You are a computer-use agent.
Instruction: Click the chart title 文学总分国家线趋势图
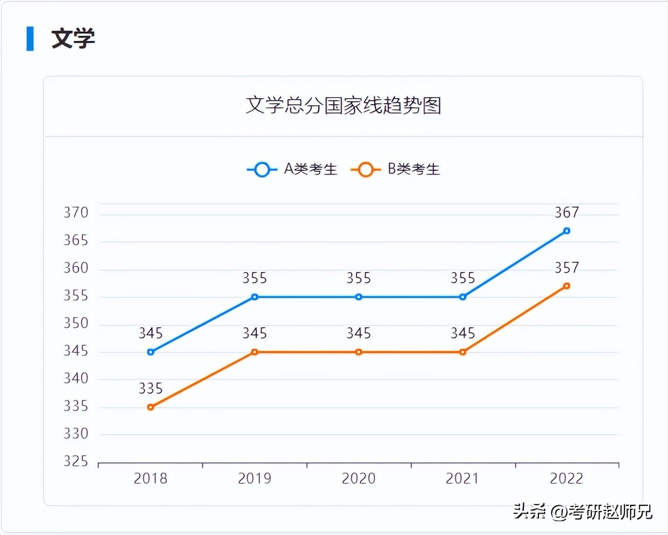(343, 105)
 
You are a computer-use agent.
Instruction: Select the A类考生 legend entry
(292, 169)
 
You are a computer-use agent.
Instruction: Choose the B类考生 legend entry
(395, 169)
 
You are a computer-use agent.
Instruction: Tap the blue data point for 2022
(566, 231)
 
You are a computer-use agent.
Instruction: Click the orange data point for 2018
(150, 407)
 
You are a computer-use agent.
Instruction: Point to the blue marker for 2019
(255, 297)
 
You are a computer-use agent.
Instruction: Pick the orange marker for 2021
(462, 352)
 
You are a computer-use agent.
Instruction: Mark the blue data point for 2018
(150, 352)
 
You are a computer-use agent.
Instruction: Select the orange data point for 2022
(566, 286)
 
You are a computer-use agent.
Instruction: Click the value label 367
(567, 212)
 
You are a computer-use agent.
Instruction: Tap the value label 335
(150, 389)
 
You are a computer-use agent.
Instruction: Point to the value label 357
(567, 267)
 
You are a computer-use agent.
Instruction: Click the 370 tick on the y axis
(76, 213)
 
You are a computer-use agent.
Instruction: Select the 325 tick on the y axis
(76, 461)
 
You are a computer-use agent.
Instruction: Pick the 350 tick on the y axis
(76, 323)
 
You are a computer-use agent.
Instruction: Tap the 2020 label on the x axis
(359, 479)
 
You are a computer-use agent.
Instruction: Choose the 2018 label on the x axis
(150, 479)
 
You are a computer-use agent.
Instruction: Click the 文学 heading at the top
(73, 39)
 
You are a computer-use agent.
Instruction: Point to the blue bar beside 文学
(30, 39)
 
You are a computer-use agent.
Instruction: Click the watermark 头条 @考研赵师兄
(583, 511)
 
